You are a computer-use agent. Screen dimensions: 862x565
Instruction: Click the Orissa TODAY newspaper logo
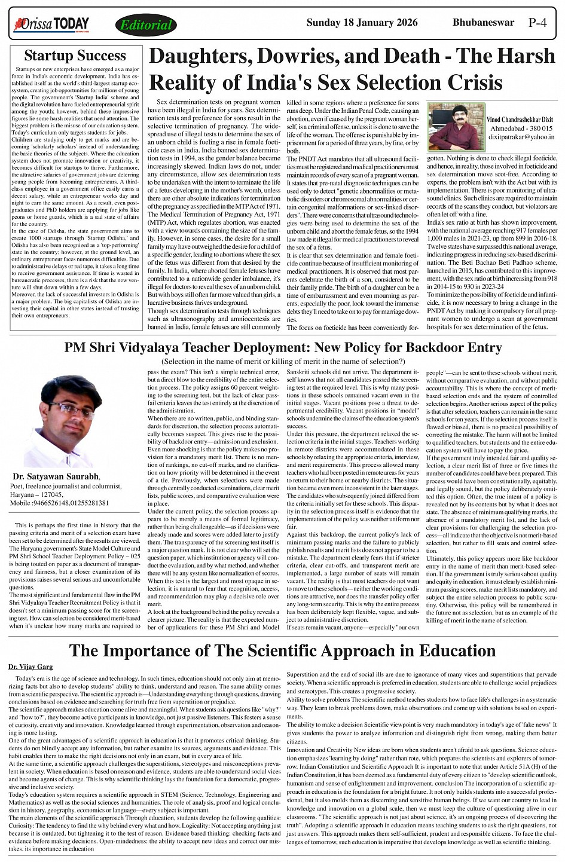[x=51, y=25]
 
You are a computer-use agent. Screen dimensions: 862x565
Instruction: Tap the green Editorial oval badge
[x=146, y=25]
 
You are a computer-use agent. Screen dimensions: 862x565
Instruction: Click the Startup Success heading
[x=75, y=56]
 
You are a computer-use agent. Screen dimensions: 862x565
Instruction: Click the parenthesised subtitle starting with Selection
[x=283, y=362]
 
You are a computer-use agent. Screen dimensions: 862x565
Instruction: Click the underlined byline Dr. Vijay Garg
[x=30, y=666]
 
